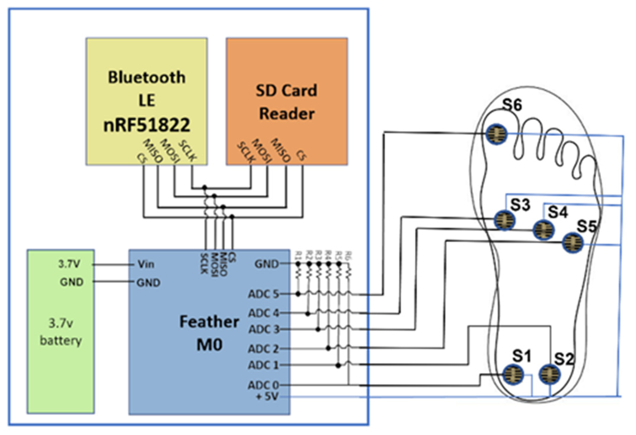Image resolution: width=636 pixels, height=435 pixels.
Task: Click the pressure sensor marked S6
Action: point(496,134)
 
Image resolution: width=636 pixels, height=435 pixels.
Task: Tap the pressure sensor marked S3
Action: point(505,220)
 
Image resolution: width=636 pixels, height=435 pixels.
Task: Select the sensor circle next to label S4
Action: point(544,230)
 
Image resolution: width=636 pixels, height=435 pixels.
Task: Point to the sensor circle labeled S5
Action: point(572,243)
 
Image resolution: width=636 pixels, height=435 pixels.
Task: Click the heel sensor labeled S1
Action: point(513,374)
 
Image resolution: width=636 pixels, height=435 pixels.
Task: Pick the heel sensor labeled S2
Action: point(549,374)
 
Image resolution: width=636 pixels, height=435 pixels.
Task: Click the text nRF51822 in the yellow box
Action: point(146,125)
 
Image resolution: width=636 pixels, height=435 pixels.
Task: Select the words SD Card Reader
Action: point(287,102)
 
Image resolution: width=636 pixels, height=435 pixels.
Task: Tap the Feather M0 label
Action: point(209,333)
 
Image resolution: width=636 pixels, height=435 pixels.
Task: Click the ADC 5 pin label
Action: point(263,294)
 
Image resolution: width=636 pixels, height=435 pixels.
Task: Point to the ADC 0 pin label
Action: point(263,385)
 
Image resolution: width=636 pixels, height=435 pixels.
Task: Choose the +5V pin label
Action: point(267,397)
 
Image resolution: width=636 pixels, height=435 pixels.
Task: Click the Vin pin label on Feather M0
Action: point(146,264)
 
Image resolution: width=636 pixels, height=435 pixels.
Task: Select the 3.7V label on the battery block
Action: point(69,264)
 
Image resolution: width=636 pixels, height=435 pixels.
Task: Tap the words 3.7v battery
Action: point(61,332)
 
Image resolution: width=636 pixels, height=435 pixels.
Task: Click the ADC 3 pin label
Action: point(264,329)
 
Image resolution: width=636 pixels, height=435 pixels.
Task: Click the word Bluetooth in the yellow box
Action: point(146,77)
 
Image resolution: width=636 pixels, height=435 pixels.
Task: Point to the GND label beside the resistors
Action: point(267,264)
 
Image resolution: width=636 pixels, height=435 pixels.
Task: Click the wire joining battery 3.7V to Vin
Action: point(113,265)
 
